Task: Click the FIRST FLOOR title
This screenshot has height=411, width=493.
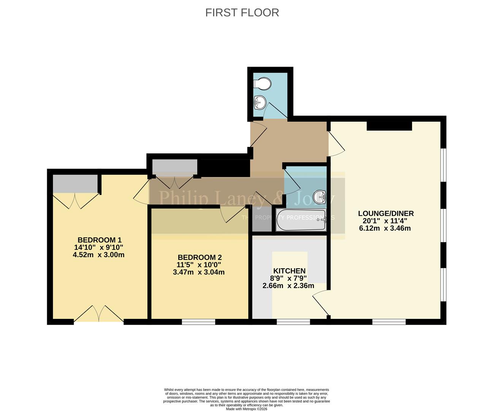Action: click(242, 13)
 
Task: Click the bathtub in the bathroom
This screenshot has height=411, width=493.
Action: click(301, 220)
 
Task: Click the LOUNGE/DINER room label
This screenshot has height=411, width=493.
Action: click(385, 213)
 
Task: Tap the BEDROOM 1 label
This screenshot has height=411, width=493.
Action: click(99, 240)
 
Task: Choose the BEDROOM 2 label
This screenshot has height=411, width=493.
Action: click(199, 257)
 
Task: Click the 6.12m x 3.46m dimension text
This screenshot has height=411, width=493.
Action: click(385, 228)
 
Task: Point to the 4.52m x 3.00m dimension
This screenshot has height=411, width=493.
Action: click(98, 255)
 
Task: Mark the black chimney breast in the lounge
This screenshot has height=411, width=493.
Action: click(389, 126)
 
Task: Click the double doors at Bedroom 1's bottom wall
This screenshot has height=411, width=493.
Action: click(98, 314)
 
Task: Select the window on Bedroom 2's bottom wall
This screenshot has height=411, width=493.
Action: click(198, 322)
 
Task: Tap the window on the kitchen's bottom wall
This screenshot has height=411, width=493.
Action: click(293, 322)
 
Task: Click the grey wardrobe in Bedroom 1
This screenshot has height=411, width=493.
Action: click(75, 184)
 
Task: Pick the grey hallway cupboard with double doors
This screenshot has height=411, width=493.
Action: click(174, 167)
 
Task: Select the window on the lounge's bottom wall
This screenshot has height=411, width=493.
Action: click(389, 322)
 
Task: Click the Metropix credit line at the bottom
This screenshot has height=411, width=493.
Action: click(246, 409)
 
